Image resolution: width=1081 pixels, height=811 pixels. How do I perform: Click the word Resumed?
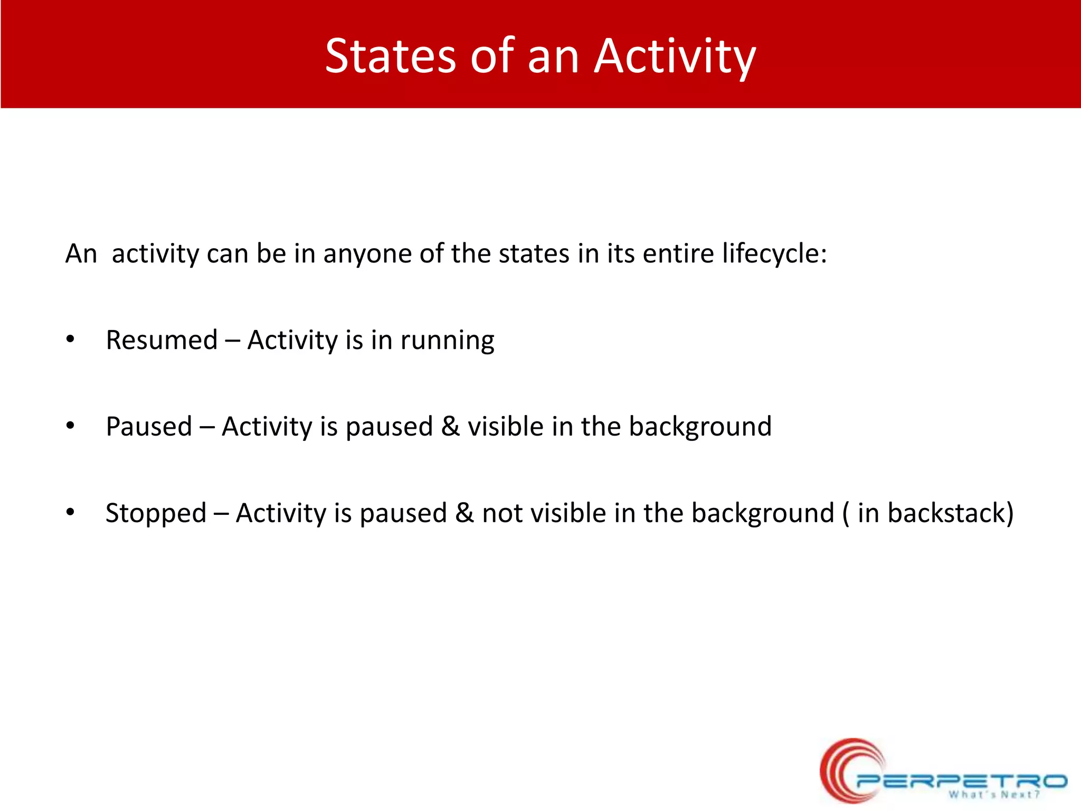coord(162,340)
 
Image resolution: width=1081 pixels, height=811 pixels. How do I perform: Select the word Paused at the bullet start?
coord(149,426)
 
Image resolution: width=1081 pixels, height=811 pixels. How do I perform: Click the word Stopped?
coord(156,514)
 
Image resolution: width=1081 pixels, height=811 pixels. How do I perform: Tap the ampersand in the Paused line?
coord(450,426)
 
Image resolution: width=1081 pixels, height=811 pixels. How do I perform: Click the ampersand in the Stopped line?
coord(464,513)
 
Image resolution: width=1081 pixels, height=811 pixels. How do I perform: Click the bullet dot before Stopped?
coord(70,513)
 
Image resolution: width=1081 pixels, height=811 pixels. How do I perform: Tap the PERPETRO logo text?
coord(961,780)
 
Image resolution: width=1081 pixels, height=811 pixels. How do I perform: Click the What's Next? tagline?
coord(994,795)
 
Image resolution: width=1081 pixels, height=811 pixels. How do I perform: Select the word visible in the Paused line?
coord(506,426)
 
